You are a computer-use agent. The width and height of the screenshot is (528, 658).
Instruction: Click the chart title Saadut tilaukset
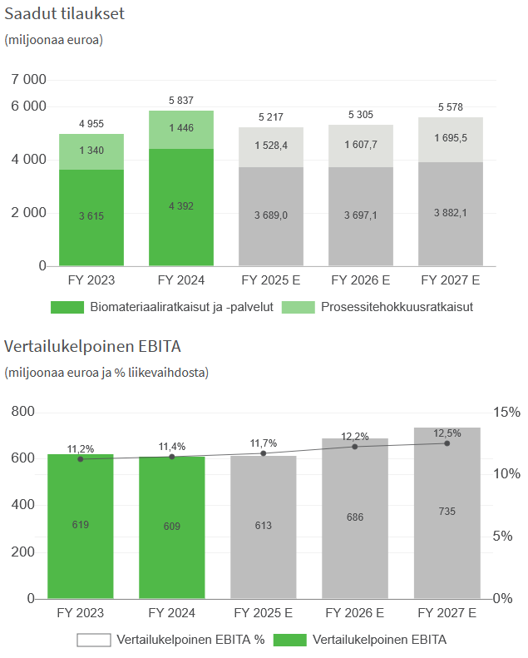(x=66, y=14)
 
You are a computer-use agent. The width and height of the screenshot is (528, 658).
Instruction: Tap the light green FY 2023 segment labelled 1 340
(x=91, y=151)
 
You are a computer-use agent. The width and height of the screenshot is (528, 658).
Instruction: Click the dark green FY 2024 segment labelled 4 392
(x=181, y=206)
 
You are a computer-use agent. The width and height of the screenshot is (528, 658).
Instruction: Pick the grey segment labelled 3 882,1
(x=450, y=214)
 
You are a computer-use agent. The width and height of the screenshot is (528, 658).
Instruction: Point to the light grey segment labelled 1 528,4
(x=271, y=146)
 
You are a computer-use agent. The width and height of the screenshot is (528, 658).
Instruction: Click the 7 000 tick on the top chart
(x=29, y=80)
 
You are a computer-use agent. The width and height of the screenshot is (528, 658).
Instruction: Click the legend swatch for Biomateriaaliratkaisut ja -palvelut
(x=67, y=307)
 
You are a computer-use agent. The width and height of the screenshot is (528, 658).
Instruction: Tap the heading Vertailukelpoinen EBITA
(x=93, y=346)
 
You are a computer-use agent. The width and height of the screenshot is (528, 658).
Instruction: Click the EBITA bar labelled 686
(x=355, y=517)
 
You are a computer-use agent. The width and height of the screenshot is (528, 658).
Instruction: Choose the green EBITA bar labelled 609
(x=172, y=527)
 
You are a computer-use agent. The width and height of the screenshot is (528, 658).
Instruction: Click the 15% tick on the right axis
(x=506, y=413)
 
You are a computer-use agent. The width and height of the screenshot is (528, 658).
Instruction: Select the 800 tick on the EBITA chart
(x=23, y=413)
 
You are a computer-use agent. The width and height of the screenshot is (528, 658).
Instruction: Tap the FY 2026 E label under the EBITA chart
(x=355, y=614)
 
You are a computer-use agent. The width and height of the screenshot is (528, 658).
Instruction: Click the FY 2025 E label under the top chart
(x=270, y=280)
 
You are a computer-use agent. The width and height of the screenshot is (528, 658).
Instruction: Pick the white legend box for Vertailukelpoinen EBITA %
(x=93, y=640)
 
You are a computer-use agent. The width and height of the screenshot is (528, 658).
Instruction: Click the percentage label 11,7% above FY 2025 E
(x=264, y=443)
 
